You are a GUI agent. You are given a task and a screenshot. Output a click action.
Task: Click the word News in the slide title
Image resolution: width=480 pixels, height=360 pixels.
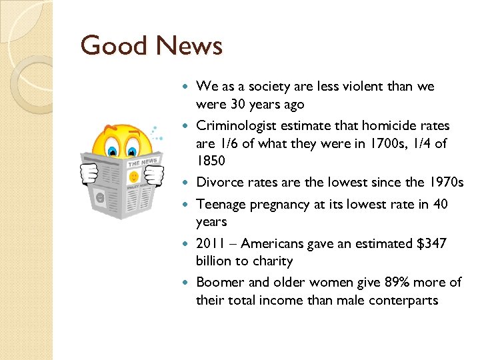pos(189,46)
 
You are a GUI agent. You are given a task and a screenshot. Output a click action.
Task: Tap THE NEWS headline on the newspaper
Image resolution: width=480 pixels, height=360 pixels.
pos(142,162)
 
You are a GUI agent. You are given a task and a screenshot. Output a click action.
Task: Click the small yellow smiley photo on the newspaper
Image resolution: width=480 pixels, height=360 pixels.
pos(134,177)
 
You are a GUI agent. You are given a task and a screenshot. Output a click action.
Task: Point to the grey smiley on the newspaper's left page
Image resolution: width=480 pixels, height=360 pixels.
pos(100,198)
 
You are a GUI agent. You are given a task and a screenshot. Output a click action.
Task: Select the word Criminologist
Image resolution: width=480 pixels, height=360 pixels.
pos(235,125)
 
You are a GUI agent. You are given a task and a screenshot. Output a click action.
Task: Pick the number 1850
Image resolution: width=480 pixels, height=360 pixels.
pos(211,161)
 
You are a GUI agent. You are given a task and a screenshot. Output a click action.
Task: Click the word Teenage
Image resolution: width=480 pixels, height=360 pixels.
pos(221,204)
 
